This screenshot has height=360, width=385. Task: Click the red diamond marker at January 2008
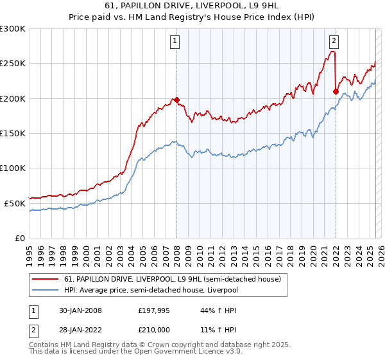[176, 100]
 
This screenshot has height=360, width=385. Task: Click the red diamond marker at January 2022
[336, 91]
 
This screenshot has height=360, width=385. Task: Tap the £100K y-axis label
[13, 168]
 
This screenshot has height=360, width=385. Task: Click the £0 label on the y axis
[20, 238]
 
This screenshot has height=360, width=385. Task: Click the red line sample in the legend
[46, 279]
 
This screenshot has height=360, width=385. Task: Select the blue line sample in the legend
[46, 290]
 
